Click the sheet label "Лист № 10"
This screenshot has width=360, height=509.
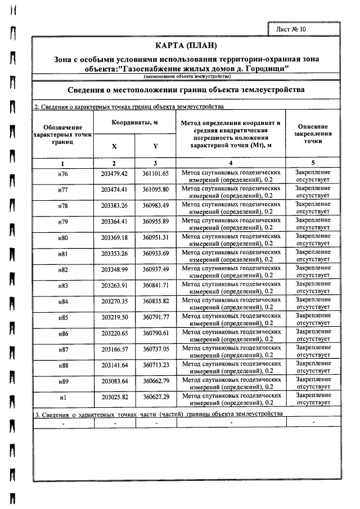291,28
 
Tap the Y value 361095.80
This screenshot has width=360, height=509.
156,190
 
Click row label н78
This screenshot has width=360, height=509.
63,206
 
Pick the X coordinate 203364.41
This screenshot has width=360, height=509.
115,222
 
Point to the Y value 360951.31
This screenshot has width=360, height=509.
156,237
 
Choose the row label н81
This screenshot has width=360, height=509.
63,254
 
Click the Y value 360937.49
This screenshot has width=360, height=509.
156,269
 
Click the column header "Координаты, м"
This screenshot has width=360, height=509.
135,123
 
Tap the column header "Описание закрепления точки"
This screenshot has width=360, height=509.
313,134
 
